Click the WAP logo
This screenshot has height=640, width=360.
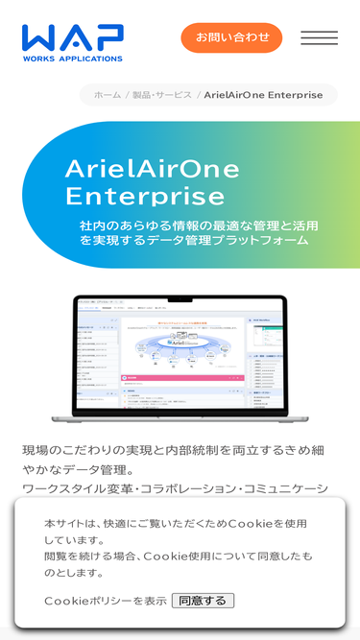coord(73,40)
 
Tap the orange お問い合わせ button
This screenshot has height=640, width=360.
coord(231,37)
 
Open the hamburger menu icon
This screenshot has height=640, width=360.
coord(319,37)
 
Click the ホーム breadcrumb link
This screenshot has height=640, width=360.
coord(108,95)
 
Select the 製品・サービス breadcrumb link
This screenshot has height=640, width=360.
coord(161,95)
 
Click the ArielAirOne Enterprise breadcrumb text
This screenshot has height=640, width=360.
coord(263,95)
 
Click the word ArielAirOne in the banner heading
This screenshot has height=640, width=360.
coord(152,168)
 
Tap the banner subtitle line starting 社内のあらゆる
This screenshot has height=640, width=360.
coord(199,225)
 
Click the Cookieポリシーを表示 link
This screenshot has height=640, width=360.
coord(106,601)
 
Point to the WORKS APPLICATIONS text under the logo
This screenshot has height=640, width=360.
coord(73,59)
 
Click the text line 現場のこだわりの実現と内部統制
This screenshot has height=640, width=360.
coord(173,449)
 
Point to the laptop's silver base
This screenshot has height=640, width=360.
coord(180,417)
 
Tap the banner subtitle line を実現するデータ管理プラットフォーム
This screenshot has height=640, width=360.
coord(194,240)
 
